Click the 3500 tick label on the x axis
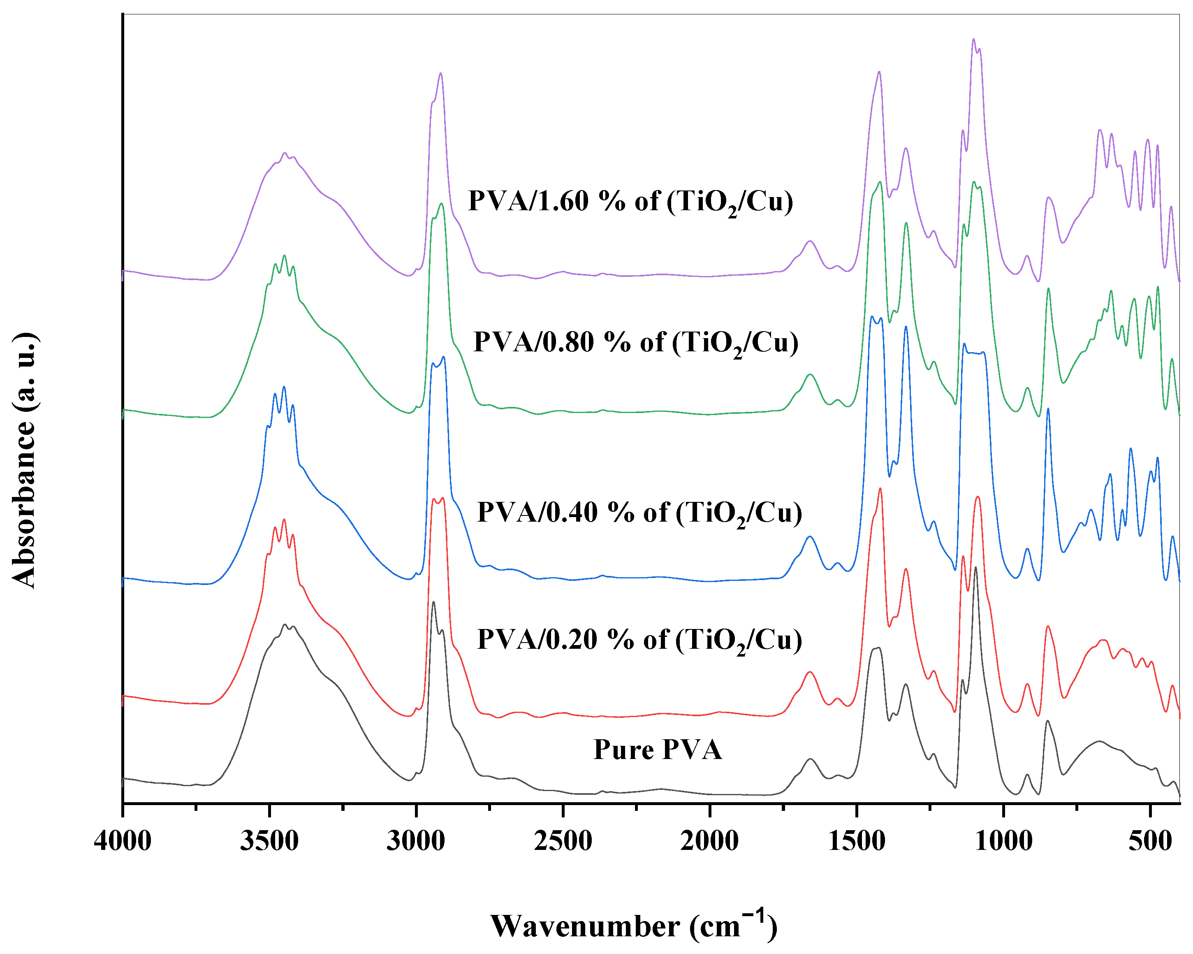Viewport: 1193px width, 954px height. [269, 842]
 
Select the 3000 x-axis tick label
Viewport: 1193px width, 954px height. [416, 842]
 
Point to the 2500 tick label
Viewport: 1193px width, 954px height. [563, 842]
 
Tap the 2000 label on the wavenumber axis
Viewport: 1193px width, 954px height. [709, 842]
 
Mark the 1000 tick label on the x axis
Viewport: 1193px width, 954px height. [1003, 842]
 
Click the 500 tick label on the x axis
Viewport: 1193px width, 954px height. [1150, 842]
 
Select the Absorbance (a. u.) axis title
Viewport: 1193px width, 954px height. [24, 461]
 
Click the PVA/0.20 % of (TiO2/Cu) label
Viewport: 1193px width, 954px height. [639, 641]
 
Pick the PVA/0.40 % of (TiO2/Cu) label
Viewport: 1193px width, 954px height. [639, 513]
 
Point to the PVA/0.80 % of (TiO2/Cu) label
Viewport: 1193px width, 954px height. [636, 343]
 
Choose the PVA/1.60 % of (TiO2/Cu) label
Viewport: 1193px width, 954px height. [630, 202]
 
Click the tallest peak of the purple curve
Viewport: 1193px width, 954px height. [973, 39]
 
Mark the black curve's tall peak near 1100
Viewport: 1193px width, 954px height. [975, 568]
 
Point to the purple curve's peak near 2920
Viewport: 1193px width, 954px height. [440, 73]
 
